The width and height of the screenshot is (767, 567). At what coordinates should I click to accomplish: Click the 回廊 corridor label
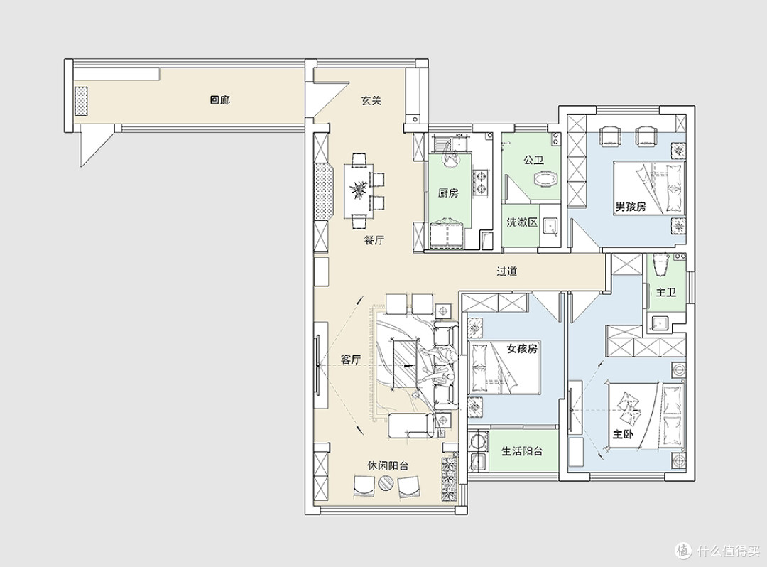click(x=219, y=100)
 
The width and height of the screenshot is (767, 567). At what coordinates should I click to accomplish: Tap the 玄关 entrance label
click(x=371, y=100)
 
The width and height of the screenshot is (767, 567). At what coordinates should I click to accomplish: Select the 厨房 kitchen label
click(x=448, y=193)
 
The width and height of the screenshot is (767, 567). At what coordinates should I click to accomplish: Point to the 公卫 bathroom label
click(x=533, y=160)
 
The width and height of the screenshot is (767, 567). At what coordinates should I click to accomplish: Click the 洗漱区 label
click(x=523, y=222)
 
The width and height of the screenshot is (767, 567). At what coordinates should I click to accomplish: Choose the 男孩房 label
click(x=631, y=207)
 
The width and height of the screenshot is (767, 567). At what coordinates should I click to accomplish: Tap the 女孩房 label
click(x=522, y=348)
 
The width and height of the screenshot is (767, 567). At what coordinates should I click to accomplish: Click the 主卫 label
click(x=665, y=292)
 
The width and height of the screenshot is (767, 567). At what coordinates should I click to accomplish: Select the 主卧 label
click(x=624, y=434)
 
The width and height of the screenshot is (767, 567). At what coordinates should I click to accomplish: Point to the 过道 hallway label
click(x=507, y=271)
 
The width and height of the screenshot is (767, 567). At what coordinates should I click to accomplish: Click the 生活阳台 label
click(x=523, y=450)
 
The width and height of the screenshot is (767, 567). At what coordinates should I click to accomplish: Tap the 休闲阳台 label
click(x=388, y=465)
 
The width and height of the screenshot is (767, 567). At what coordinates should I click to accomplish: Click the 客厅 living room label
click(x=351, y=360)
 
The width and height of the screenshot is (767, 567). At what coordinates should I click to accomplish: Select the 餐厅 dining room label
click(x=374, y=240)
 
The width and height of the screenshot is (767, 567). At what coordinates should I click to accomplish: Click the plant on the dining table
click(x=359, y=189)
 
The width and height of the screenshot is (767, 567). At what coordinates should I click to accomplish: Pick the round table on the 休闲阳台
click(x=386, y=484)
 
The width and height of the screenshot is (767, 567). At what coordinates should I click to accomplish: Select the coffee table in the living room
click(x=404, y=364)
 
